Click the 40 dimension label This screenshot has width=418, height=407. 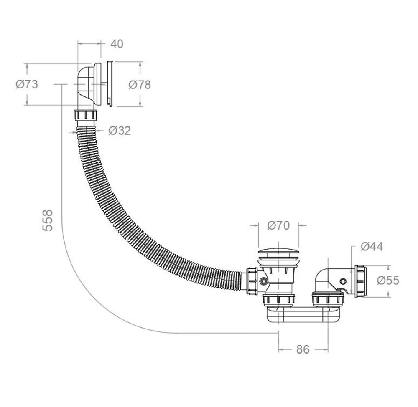point(117,44)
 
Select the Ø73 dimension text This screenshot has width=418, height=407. point(27,84)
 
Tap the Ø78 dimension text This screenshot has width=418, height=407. point(140,85)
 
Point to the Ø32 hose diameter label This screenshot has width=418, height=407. point(120,131)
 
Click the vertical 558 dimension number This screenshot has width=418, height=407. point(48,220)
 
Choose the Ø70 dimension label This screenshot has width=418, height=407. point(278,225)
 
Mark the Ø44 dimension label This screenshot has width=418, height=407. point(372,246)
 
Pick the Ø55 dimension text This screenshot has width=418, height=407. point(388,280)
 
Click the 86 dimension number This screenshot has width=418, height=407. point(303,349)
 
